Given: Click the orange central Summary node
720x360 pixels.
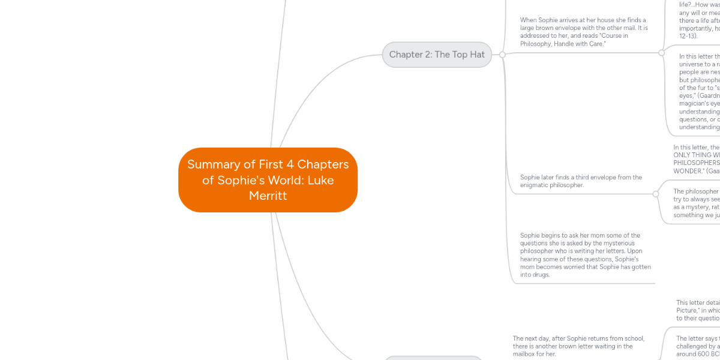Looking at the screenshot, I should coord(268,179).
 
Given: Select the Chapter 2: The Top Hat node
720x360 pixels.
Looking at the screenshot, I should coord(437,55).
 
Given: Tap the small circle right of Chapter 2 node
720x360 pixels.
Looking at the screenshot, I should coord(502,55).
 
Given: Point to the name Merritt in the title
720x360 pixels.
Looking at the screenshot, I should coord(268,196).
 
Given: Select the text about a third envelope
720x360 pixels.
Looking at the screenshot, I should coord(581,181).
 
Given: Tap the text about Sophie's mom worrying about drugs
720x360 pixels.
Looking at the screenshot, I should coord(586,255).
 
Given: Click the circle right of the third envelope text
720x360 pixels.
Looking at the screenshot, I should coord(656,194).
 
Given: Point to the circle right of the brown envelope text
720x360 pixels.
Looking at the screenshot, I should coord(661,53).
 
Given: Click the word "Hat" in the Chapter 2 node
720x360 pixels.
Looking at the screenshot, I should coord(477,55).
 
